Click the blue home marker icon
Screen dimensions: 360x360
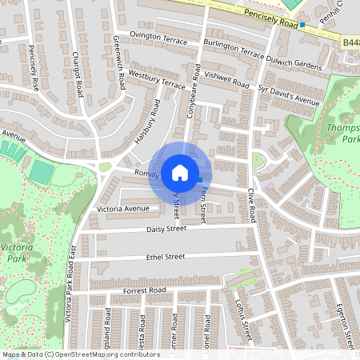(x=180, y=172)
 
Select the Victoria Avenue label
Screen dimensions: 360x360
(x=123, y=209)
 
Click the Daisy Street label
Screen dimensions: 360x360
(x=166, y=229)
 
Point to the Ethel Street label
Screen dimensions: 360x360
(x=165, y=257)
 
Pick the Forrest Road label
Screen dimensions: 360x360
(x=145, y=290)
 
